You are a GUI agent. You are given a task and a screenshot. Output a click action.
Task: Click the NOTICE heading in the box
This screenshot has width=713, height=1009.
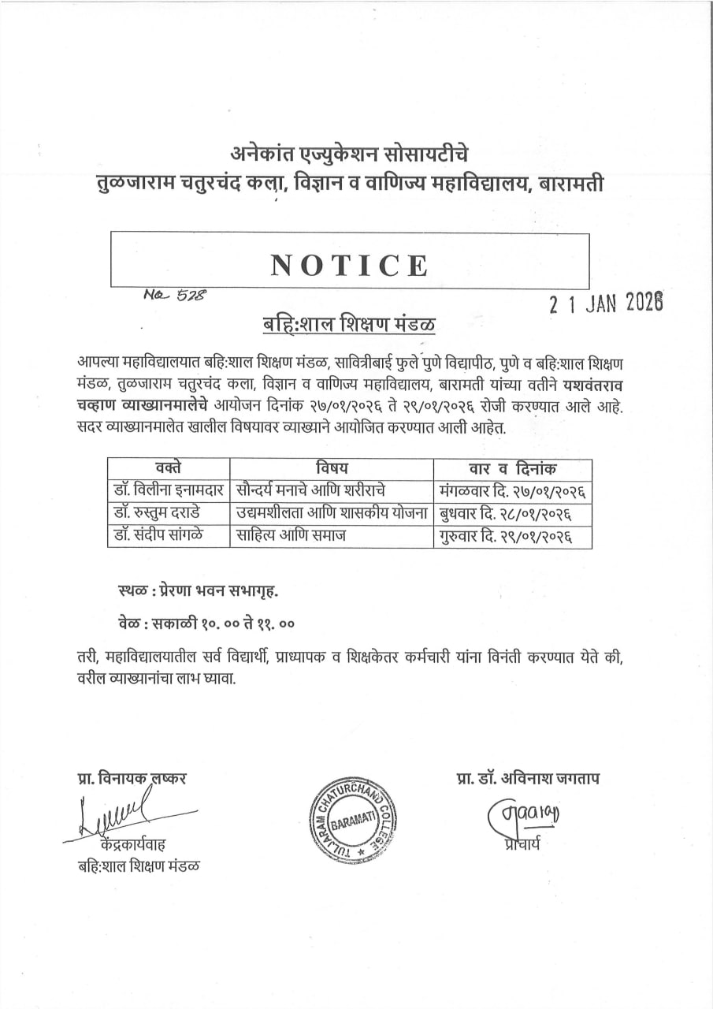[x=350, y=266]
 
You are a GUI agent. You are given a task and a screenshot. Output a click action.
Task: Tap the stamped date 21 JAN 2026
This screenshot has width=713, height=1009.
[x=606, y=302]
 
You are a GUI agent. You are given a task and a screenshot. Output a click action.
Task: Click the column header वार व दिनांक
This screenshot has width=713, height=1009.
[x=511, y=469]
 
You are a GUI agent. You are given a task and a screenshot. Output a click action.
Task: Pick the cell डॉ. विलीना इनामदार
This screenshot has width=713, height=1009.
[x=168, y=490]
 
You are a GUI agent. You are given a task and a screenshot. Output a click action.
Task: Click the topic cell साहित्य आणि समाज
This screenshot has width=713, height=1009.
[x=292, y=536]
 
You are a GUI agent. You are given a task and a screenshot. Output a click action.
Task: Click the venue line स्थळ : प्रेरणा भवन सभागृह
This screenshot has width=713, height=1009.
[x=197, y=590]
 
